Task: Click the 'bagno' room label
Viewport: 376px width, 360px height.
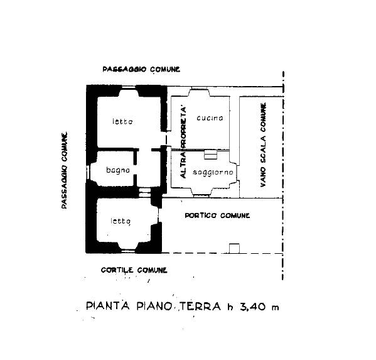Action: pyautogui.click(x=118, y=170)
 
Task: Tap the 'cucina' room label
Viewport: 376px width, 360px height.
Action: pyautogui.click(x=210, y=118)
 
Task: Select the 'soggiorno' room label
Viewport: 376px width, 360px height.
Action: pyautogui.click(x=213, y=173)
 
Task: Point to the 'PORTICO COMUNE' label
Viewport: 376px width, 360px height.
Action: pyautogui.click(x=217, y=215)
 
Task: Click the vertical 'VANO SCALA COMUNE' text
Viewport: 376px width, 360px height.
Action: pyautogui.click(x=263, y=145)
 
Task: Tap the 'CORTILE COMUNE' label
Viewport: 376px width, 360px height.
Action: pyautogui.click(x=134, y=270)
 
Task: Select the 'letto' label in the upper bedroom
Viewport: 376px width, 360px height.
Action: pyautogui.click(x=122, y=121)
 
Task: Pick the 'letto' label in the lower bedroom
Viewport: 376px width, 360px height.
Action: pyautogui.click(x=121, y=221)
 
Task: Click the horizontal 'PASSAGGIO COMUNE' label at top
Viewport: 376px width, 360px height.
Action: pyautogui.click(x=141, y=69)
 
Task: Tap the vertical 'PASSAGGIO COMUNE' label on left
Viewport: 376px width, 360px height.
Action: pyautogui.click(x=64, y=170)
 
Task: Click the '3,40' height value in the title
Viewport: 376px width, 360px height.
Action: pyautogui.click(x=253, y=307)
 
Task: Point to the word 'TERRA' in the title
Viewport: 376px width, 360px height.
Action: pyautogui.click(x=200, y=307)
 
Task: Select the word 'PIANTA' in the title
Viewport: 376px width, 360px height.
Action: pyautogui.click(x=108, y=306)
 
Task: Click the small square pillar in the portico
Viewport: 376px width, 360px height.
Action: pyautogui.click(x=235, y=248)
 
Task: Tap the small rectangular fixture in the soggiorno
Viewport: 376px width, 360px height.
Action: pyautogui.click(x=210, y=155)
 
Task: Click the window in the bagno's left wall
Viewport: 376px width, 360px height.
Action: pyautogui.click(x=87, y=172)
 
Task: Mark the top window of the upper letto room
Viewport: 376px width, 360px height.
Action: pyautogui.click(x=129, y=87)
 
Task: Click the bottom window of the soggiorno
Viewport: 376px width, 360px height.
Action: pyautogui.click(x=201, y=195)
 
